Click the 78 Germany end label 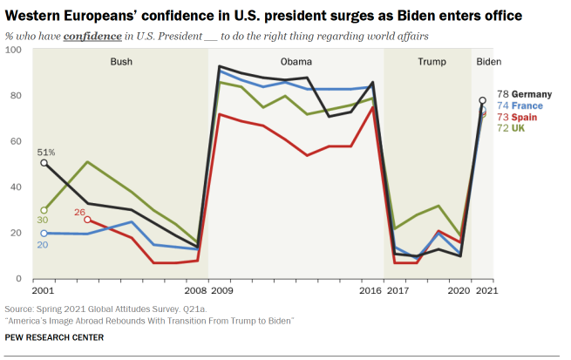point(521,93)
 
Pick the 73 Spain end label point(517,117)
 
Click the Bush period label point(122,62)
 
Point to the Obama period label point(296,62)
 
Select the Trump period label point(432,62)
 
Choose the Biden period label point(489,62)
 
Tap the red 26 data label point(79,212)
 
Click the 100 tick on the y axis point(14,50)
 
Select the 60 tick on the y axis point(17,141)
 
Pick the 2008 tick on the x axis point(195,290)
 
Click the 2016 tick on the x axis point(371,290)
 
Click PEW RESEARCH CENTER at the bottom point(54,337)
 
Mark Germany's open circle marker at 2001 point(44,163)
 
